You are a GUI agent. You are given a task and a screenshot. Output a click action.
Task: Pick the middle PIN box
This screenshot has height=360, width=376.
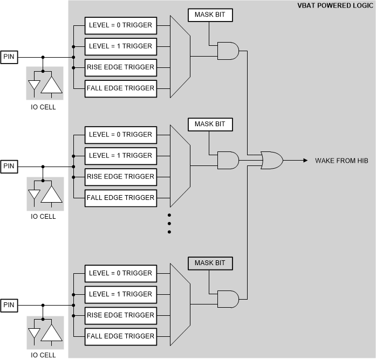pyautogui.click(x=9, y=166)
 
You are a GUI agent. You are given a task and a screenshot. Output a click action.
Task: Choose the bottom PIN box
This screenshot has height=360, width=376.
pyautogui.click(x=9, y=305)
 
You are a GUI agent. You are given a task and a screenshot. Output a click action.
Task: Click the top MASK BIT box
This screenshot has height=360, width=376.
pyautogui.click(x=210, y=15)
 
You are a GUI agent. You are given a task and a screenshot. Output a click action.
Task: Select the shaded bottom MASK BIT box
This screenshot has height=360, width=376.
pyautogui.click(x=210, y=264)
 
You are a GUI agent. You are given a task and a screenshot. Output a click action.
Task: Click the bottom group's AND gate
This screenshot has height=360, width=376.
pyautogui.click(x=227, y=299)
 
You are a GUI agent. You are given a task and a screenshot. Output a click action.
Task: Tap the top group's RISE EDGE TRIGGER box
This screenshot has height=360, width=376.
pyautogui.click(x=120, y=67)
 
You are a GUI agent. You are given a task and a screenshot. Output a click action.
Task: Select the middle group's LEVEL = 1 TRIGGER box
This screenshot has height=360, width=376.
pyautogui.click(x=120, y=156)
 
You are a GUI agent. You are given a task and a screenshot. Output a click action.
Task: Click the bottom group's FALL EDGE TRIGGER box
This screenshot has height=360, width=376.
pyautogui.click(x=120, y=336)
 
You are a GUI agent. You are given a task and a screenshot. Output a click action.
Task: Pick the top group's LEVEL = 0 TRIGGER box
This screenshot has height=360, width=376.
pyautogui.click(x=120, y=25)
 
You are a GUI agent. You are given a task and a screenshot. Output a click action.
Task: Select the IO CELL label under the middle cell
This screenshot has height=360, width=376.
pyautogui.click(x=43, y=217)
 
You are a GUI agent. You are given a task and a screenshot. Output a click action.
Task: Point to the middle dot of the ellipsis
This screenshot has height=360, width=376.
pyautogui.click(x=169, y=223)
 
